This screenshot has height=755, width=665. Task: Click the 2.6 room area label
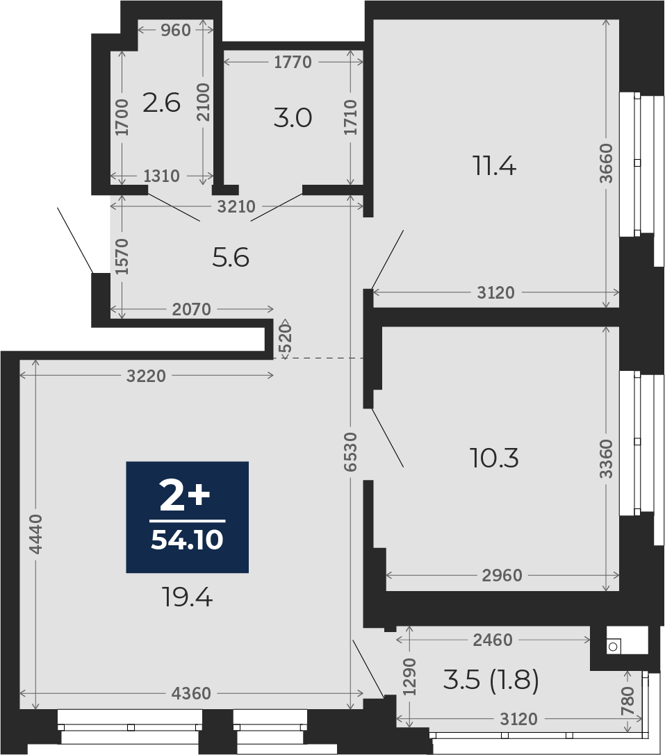coord(161,103)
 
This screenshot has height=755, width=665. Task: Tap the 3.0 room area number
coord(293,118)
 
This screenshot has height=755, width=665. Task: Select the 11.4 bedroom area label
coord(495,166)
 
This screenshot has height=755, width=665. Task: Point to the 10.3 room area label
coord(494,458)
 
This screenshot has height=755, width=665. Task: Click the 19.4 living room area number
coord(188,598)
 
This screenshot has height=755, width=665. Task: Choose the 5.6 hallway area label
coord(231,258)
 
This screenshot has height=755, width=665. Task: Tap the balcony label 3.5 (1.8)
coord(491,680)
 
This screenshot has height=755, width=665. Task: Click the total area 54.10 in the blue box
coord(187,540)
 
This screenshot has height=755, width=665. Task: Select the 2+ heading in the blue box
coord(185,498)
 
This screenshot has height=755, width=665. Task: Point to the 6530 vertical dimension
coord(352,451)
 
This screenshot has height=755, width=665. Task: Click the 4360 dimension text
coord(191,693)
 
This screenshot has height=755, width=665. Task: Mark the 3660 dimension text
coord(606,163)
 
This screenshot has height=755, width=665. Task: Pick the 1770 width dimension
coord(293,62)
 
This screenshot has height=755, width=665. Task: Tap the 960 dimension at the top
coord(175,31)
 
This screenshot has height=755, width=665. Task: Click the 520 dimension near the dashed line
coord(286,338)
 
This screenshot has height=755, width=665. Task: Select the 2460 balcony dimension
coord(493,640)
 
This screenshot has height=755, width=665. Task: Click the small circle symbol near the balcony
coord(613,647)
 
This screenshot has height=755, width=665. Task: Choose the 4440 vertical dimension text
coord(36,533)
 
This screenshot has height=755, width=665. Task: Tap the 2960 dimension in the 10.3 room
coord(502,575)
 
